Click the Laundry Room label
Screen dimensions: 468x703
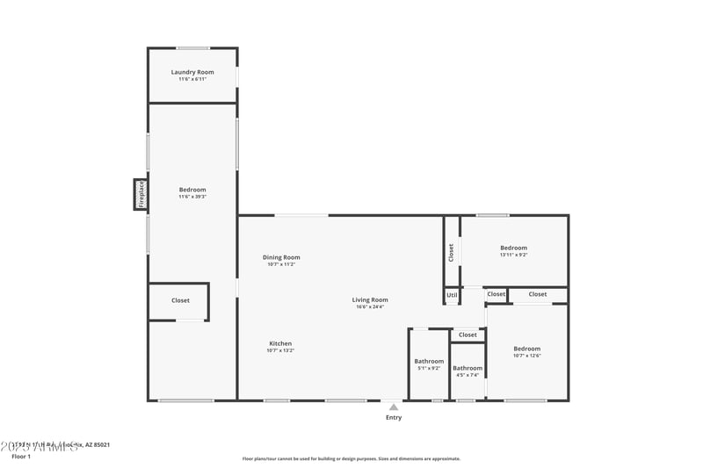tap(192, 72)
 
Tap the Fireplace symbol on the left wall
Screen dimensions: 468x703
tap(140, 194)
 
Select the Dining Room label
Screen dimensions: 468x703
tap(281, 257)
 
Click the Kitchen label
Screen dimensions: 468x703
tap(280, 343)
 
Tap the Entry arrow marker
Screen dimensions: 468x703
tap(394, 407)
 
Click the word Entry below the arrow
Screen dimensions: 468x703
tap(394, 417)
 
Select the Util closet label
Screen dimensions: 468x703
tap(452, 295)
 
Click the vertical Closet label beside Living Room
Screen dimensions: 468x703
tap(451, 252)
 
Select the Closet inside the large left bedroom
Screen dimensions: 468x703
tap(180, 300)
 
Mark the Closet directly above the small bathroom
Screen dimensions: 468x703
tap(467, 335)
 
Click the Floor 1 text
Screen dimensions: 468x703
tap(21, 457)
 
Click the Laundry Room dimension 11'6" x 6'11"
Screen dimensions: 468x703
tap(192, 80)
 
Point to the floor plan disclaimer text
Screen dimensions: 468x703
tap(351, 458)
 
